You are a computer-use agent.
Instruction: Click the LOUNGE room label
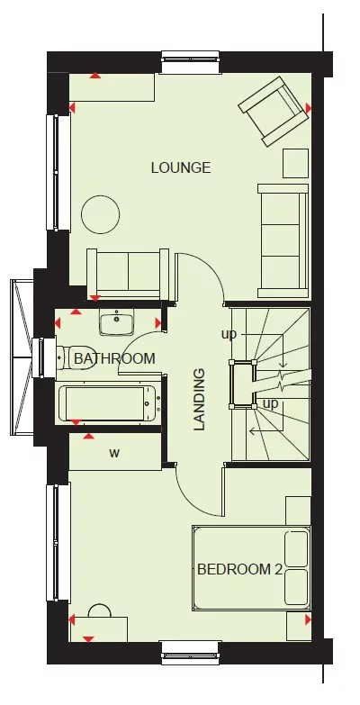coord(181,167)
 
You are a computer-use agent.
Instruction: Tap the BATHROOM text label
coord(114,358)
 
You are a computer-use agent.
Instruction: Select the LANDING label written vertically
coord(200,398)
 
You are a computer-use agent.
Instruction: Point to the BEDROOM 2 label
coord(240,569)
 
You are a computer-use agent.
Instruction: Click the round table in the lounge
coord(100,214)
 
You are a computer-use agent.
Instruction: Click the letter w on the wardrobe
coord(114,453)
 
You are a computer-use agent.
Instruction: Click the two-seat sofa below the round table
coord(127,272)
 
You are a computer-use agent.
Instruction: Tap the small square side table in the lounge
coord(295,163)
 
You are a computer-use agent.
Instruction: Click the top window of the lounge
coord(191,62)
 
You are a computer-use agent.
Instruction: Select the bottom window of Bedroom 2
coord(190,653)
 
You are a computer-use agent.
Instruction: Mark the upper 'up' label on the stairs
coord(229,334)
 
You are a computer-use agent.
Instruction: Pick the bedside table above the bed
coord(298,510)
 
